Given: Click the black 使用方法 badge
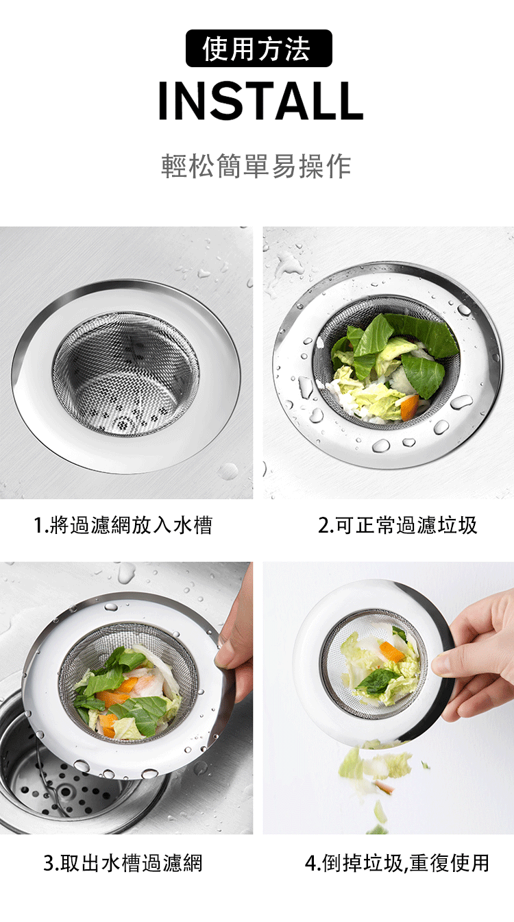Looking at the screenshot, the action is pyautogui.click(x=259, y=48).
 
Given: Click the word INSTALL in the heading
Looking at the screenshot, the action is pyautogui.click(x=261, y=101).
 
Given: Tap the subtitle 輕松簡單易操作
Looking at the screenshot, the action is pyautogui.click(x=256, y=167).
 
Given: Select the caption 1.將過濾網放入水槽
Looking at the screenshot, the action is pyautogui.click(x=123, y=525).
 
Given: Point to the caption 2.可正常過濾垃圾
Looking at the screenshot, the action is pyautogui.click(x=397, y=525).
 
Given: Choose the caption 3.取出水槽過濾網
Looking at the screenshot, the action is pyautogui.click(x=123, y=863).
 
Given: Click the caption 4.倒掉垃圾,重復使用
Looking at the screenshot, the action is pyautogui.click(x=397, y=863).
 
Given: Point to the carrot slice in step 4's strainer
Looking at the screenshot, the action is pyautogui.click(x=391, y=652).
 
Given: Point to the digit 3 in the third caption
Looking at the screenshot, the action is pyautogui.click(x=48, y=863).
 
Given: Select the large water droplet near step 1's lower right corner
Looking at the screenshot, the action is pyautogui.click(x=228, y=472).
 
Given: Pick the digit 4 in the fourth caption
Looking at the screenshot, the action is pyautogui.click(x=310, y=863).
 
